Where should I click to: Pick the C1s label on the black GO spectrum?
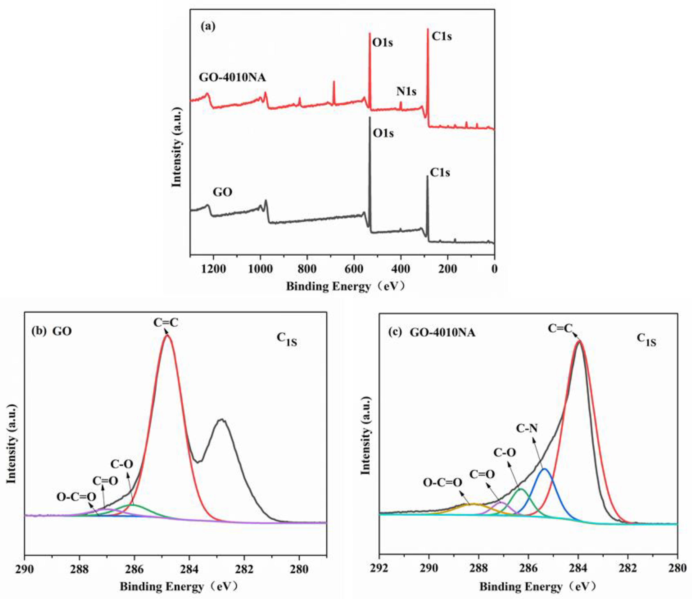coord(440,172)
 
